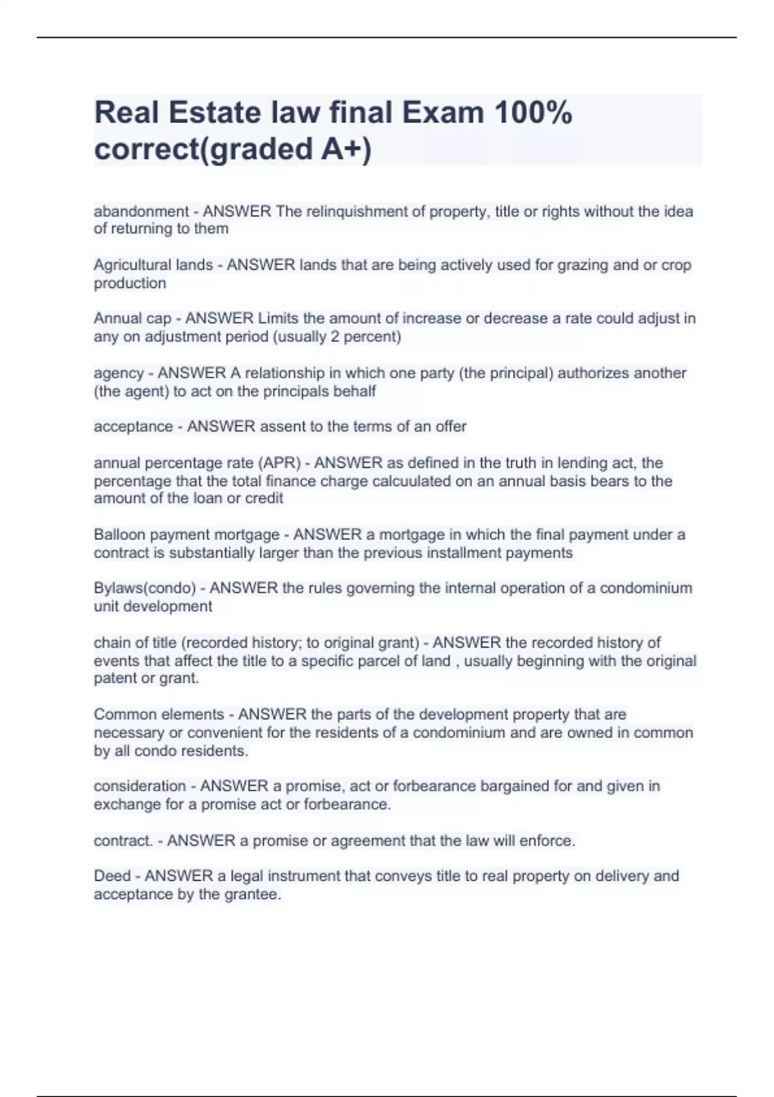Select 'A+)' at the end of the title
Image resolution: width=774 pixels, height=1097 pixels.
(x=346, y=149)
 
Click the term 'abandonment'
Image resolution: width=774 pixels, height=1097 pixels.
(x=141, y=212)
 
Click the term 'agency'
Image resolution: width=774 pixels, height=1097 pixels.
(x=119, y=374)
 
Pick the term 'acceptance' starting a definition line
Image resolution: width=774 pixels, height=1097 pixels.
(x=133, y=427)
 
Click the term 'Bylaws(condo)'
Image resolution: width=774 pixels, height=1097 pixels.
(x=144, y=589)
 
